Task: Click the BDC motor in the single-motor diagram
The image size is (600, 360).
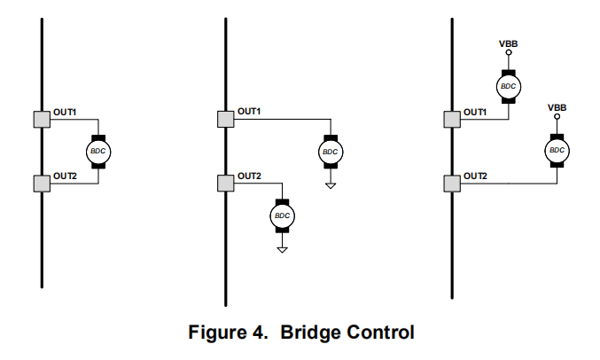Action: [97, 152]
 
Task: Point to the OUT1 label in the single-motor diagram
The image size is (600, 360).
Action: [66, 111]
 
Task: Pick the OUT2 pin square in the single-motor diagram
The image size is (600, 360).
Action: [42, 184]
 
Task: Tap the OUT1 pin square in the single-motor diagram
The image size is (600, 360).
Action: [42, 119]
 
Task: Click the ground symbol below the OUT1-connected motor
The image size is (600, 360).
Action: [331, 185]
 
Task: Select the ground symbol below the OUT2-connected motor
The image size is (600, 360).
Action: [282, 249]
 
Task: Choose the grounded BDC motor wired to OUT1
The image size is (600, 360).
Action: [331, 152]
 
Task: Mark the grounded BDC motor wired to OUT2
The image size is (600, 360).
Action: [282, 215]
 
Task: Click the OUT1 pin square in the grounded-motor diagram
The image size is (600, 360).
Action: [226, 119]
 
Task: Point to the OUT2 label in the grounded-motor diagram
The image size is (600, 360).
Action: [249, 176]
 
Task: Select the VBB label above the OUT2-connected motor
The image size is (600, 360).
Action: [557, 107]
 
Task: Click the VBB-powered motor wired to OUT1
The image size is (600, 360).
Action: [508, 86]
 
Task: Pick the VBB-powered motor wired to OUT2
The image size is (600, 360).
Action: [557, 151]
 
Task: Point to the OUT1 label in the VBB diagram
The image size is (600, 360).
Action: [476, 111]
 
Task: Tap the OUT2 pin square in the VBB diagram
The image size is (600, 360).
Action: [452, 184]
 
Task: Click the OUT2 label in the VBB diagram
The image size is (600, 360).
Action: [476, 176]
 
